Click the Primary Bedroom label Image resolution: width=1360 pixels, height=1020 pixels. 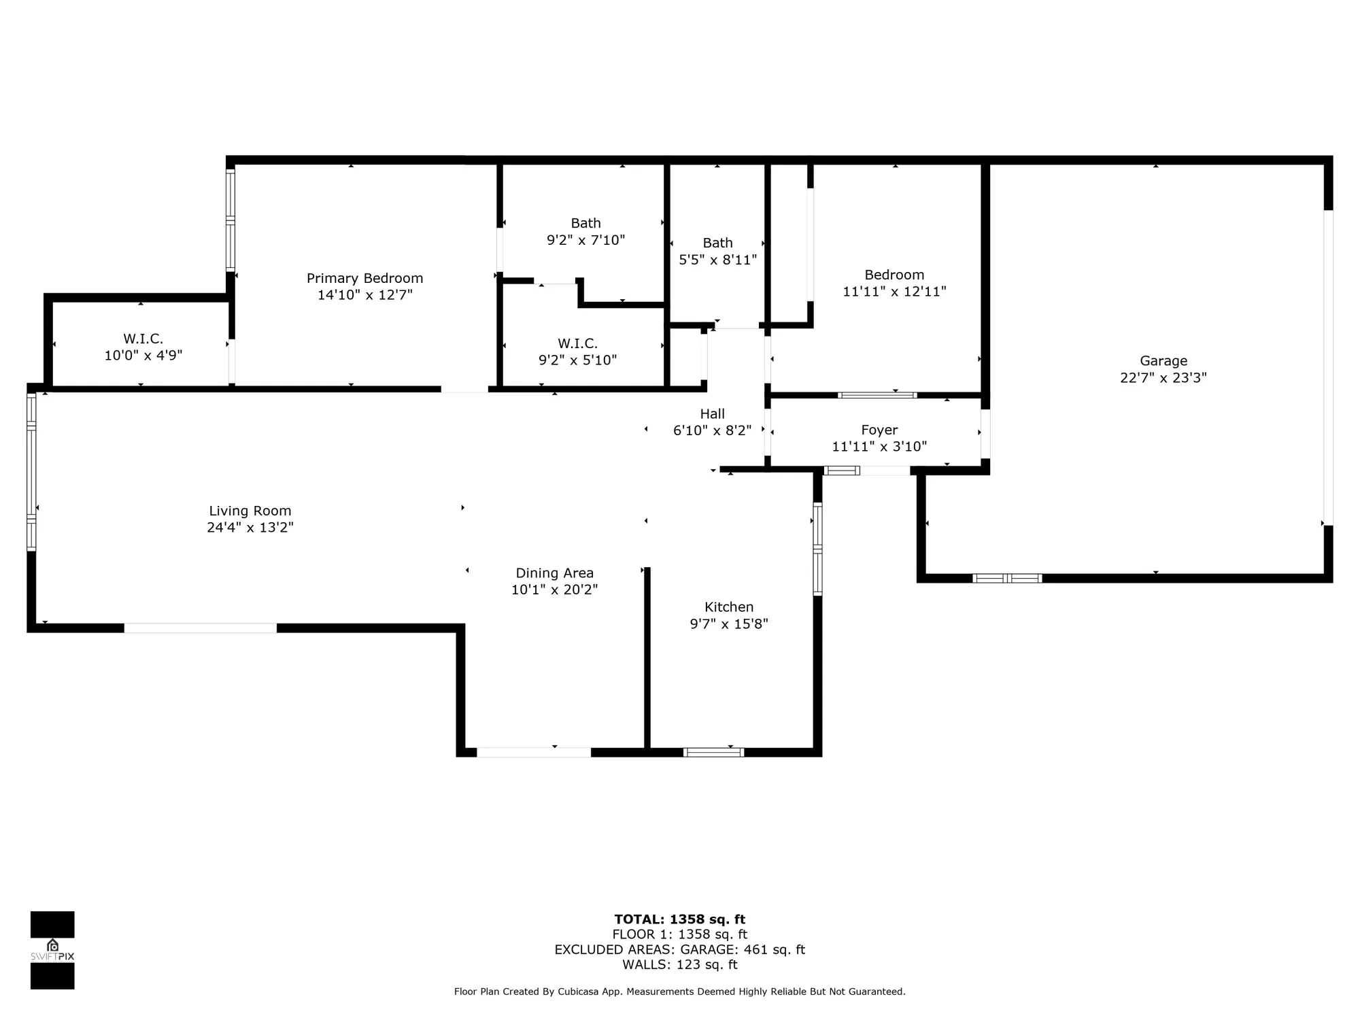click(364, 278)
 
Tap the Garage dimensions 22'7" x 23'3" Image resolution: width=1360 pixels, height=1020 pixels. click(1163, 378)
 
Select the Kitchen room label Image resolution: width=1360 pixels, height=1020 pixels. click(728, 607)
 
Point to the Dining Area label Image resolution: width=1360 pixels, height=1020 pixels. click(554, 573)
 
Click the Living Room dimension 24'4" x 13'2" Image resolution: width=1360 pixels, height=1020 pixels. click(250, 528)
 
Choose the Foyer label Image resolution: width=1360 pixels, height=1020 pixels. click(879, 430)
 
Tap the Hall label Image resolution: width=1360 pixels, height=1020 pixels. click(712, 413)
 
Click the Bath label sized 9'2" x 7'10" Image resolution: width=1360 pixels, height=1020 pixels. click(585, 223)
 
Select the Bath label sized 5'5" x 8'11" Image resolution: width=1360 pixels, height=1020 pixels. click(717, 243)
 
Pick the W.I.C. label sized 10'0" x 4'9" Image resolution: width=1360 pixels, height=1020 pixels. click(143, 339)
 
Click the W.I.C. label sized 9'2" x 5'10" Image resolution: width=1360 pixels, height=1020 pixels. click(577, 343)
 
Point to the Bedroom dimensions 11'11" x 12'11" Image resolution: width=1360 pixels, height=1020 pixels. click(894, 292)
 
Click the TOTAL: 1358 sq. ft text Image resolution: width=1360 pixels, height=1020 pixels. click(679, 919)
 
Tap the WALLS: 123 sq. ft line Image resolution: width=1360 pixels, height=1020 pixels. click(679, 964)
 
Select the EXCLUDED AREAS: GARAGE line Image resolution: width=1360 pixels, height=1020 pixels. click(679, 949)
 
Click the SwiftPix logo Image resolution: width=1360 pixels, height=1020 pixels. click(52, 950)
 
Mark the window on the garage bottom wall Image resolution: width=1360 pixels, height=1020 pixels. click(1007, 579)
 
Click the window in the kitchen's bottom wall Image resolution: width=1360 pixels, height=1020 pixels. click(713, 752)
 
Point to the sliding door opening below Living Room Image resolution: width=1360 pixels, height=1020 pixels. click(200, 628)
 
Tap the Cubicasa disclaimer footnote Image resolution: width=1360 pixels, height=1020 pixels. click(679, 991)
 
